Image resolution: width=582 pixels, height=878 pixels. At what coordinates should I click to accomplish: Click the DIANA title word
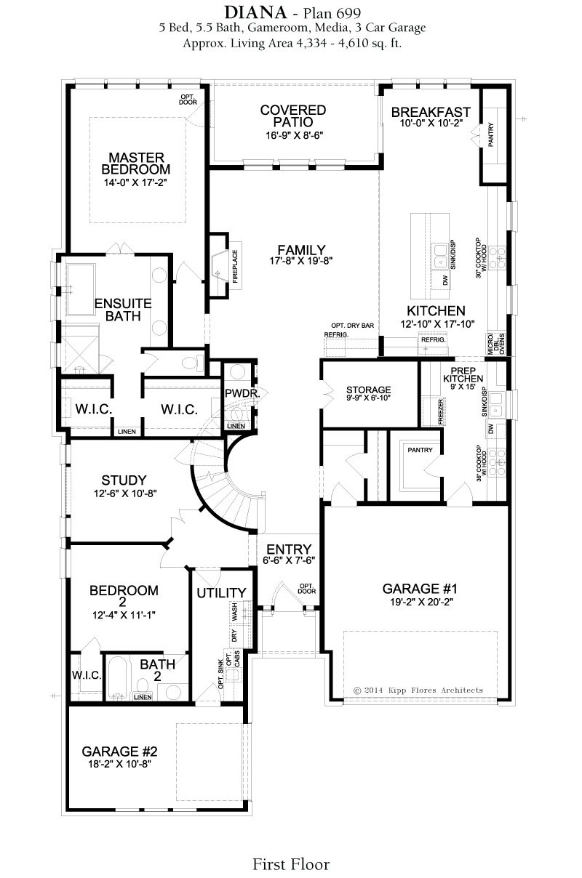click(255, 13)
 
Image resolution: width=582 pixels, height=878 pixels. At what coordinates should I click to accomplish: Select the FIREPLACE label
click(236, 267)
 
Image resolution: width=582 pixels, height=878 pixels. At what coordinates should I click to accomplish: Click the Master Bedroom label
click(136, 164)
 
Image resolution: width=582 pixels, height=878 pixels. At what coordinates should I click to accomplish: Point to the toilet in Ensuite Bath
click(194, 362)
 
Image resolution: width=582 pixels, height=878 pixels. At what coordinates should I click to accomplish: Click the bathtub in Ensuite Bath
click(81, 289)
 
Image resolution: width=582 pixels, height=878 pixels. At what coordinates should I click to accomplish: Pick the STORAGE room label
click(369, 390)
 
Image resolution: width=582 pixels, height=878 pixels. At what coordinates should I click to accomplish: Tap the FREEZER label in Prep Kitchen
click(440, 411)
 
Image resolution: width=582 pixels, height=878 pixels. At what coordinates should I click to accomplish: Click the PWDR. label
click(242, 393)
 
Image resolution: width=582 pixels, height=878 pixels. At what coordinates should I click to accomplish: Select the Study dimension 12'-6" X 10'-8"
click(125, 493)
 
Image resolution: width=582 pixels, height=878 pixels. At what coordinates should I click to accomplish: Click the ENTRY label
click(289, 549)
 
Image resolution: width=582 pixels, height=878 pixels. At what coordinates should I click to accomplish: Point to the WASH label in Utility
click(235, 611)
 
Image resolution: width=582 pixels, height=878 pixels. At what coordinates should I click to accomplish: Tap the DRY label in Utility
click(235, 636)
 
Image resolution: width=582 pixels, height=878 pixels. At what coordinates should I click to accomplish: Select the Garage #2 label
click(120, 752)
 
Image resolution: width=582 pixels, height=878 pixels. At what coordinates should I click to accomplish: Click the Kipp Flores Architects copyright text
click(418, 690)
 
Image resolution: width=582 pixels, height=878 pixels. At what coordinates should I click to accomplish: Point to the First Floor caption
click(291, 863)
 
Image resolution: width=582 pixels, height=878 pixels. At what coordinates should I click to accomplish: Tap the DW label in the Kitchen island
click(445, 281)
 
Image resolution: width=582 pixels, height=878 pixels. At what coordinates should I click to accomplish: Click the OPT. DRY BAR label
click(352, 326)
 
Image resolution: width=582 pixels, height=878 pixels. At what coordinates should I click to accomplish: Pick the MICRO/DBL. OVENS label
click(496, 344)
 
